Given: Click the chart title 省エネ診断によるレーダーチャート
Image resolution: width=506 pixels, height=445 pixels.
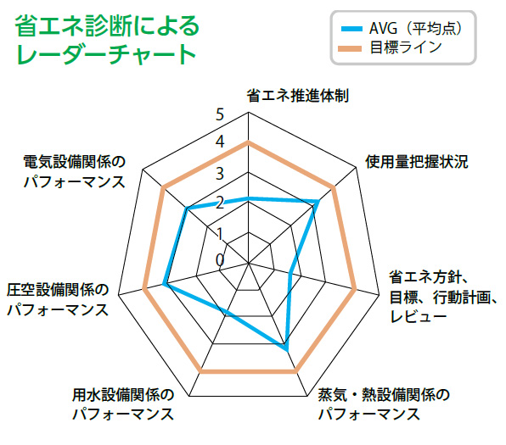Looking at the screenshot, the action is point(106,39).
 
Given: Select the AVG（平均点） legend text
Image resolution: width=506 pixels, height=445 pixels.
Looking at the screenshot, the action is point(416,28).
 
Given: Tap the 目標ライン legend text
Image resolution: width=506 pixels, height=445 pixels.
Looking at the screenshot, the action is point(405,47).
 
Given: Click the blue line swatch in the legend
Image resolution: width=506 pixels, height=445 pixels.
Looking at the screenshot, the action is point(351,29).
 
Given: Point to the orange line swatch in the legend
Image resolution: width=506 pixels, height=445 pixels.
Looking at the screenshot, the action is point(350,48).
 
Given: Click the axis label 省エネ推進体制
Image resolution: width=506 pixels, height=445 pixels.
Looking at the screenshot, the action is point(297,96).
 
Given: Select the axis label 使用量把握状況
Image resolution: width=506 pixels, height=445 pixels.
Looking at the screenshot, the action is point(416,161).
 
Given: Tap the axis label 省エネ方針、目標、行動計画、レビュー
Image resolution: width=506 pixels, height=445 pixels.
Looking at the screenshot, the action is point(443,297).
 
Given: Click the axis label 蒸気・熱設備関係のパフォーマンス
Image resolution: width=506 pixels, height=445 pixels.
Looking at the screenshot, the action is point(384,404).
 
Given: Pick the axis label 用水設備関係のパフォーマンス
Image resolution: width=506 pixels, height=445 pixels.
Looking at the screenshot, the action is point(123,404).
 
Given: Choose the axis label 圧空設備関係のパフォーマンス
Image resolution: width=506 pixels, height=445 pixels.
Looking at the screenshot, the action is point(58,300).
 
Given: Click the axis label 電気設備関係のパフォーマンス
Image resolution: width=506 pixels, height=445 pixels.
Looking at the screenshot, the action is point(75,172).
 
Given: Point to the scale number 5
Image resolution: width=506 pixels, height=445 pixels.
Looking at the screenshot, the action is point(220,114).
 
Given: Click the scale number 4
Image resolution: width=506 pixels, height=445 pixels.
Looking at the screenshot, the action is point(220,142).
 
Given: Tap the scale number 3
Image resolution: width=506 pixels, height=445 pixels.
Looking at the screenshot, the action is point(220,174).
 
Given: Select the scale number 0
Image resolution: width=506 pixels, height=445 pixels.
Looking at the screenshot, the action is point(220,259).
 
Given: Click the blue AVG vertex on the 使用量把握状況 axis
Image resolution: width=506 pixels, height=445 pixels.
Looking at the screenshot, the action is point(318,202).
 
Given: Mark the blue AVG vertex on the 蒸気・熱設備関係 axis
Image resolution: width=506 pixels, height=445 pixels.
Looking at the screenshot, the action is point(287,349).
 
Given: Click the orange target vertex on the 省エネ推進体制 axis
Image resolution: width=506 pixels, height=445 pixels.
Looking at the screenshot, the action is point(248,142).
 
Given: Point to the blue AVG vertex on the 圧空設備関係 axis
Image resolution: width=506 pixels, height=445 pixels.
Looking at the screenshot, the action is point(164,284).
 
